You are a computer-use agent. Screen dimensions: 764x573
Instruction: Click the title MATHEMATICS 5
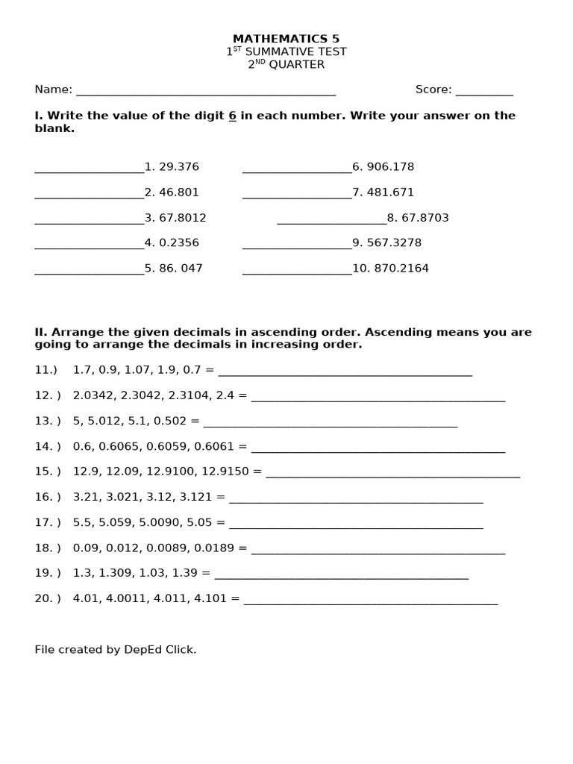[x=286, y=39]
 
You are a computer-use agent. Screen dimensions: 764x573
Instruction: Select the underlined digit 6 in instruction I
[x=232, y=116]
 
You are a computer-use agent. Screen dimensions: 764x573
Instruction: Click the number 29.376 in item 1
[x=179, y=167]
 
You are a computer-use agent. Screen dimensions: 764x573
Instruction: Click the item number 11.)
[x=46, y=370]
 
